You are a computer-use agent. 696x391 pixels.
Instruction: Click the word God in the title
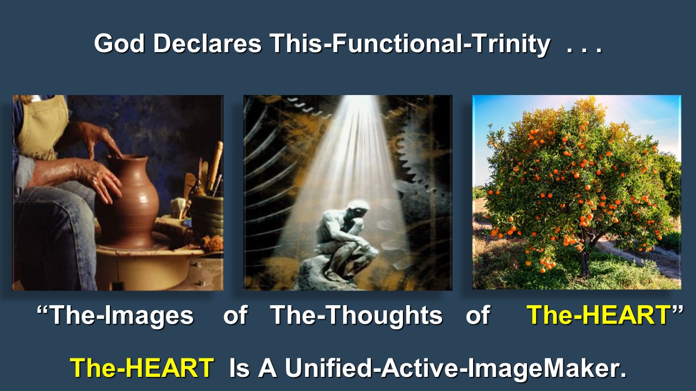[x=119, y=43]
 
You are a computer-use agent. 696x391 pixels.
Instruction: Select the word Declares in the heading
[x=208, y=43]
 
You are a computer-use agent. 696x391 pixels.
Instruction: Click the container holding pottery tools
[x=207, y=214]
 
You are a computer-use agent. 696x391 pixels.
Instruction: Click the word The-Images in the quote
[x=121, y=316]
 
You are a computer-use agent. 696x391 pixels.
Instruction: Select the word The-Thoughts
[x=356, y=316]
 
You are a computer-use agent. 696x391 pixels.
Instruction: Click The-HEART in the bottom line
[x=142, y=368]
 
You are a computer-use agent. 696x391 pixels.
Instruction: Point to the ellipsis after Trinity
[x=585, y=50]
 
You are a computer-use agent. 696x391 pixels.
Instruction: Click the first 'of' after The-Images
[x=235, y=315]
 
